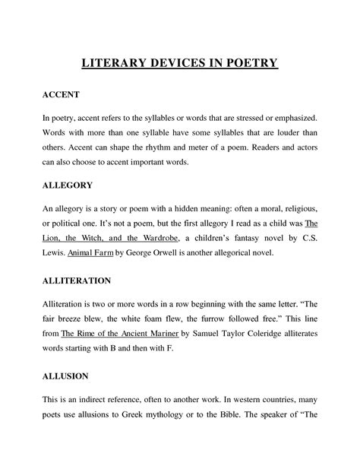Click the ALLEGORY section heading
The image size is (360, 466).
[68, 185]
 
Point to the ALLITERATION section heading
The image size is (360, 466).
[77, 281]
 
